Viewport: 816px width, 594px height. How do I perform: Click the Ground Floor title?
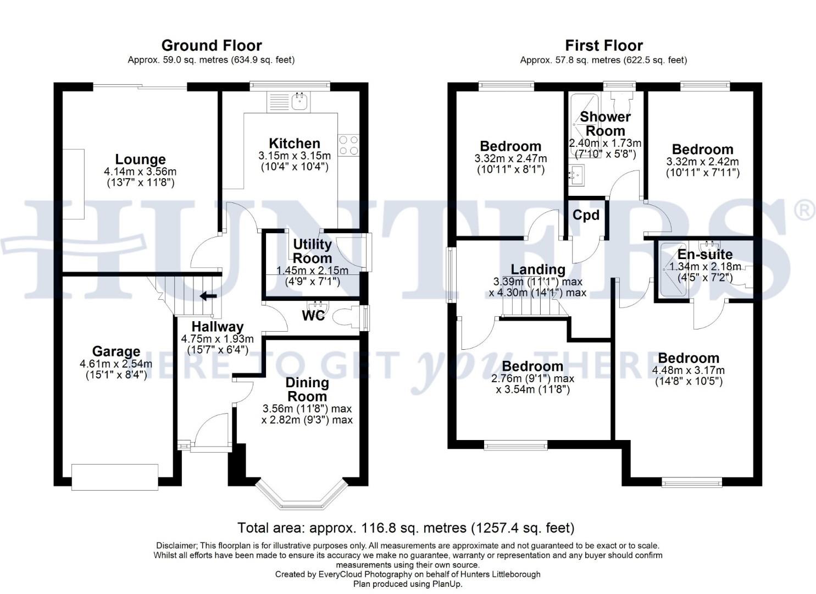click(212, 45)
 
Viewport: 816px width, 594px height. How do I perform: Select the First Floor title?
click(603, 45)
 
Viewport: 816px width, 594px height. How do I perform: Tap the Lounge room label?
click(140, 159)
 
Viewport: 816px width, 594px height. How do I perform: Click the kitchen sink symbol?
click(300, 101)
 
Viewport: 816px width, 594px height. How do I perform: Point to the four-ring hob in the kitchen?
click(348, 145)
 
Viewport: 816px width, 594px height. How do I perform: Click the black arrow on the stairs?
click(208, 296)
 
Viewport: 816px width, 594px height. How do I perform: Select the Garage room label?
click(116, 351)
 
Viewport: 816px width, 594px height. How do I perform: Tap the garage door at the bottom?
click(115, 476)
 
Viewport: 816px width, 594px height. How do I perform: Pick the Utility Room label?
click(312, 251)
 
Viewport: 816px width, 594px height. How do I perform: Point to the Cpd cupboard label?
click(586, 215)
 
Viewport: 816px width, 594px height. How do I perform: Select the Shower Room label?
click(605, 124)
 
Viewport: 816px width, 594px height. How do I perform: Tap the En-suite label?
click(704, 254)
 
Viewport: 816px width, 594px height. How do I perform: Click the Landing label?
click(538, 269)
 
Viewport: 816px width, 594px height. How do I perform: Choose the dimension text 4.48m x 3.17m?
click(688, 370)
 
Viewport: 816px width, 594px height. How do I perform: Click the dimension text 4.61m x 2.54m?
click(116, 364)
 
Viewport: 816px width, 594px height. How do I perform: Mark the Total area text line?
click(406, 528)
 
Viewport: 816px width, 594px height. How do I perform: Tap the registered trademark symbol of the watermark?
click(804, 210)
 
